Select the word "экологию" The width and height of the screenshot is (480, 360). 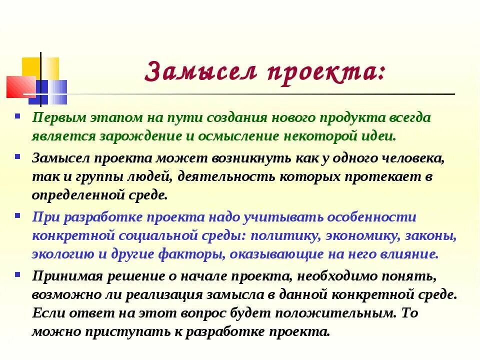pos(63,254)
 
